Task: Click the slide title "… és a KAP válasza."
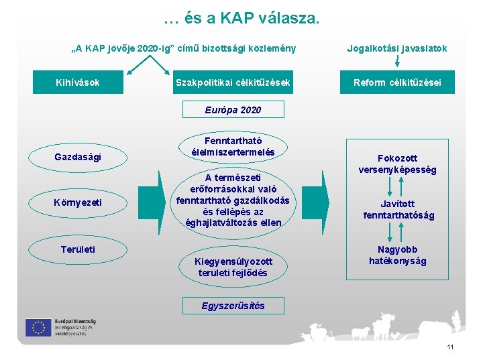tap(241, 18)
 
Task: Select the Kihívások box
tap(78, 82)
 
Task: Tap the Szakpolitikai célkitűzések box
tap(233, 82)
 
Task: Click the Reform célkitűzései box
tap(398, 82)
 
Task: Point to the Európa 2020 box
tap(233, 109)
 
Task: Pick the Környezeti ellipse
tap(78, 202)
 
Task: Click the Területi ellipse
tap(78, 249)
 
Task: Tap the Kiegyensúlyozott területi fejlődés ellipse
tap(233, 267)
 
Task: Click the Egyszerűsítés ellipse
tap(233, 306)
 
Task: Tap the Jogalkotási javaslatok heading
tap(397, 48)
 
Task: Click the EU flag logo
tap(38, 327)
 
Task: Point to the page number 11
tap(449, 347)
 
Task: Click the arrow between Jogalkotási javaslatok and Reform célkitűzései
tap(398, 64)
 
